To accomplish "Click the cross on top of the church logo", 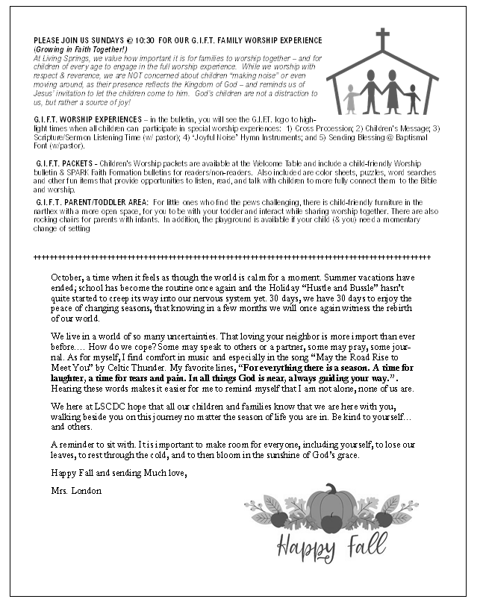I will [383, 38].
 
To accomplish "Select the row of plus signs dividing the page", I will [232, 258].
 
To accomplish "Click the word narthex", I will [49, 211].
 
